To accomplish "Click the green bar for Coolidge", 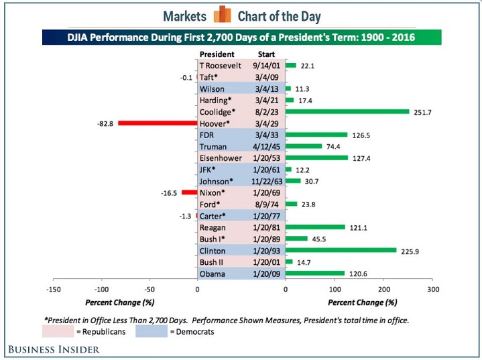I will tap(347, 111).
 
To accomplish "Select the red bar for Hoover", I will tap(157, 123).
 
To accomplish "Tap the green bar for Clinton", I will tap(341, 251).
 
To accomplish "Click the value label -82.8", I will tap(107, 123).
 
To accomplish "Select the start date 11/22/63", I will tap(266, 181).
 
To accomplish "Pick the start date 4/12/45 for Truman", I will tap(266, 146).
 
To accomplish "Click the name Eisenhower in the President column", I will tap(221, 158).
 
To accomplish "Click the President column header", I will tap(217, 54).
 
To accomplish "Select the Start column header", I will tap(266, 54).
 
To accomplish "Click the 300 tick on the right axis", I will tap(434, 290).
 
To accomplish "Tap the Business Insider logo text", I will tap(54, 349).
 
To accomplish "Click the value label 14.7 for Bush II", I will tap(303, 263).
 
